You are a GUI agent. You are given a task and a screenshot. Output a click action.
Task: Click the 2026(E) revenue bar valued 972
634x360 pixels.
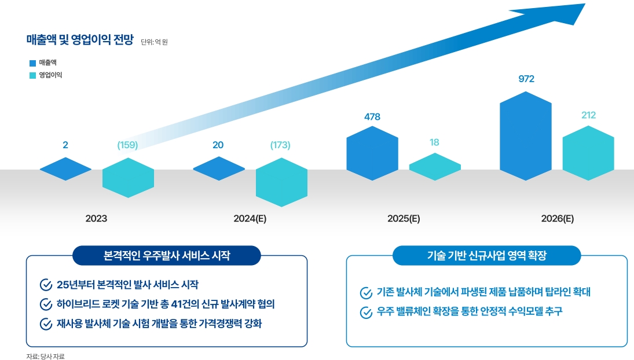point(525,135)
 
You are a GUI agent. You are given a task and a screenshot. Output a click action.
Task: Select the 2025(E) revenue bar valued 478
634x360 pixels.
point(372,153)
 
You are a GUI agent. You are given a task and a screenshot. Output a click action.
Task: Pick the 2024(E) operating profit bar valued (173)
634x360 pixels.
point(281,181)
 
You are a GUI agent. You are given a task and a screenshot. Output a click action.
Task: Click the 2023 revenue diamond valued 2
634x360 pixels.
point(65,168)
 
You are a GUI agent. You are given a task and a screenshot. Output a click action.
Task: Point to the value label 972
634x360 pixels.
point(526,79)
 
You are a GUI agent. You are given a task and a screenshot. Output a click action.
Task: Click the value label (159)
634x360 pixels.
point(127,145)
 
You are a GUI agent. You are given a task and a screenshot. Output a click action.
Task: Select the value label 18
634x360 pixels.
point(435,142)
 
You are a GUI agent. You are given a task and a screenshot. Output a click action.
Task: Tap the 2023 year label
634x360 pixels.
point(96,219)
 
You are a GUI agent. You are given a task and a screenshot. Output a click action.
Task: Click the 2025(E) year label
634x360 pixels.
point(404,219)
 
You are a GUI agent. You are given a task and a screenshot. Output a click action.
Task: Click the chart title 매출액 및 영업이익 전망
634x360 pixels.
point(80,40)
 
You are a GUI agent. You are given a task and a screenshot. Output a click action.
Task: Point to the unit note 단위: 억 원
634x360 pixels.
point(154,42)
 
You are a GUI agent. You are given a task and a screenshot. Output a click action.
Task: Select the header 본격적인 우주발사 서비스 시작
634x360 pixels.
point(166,255)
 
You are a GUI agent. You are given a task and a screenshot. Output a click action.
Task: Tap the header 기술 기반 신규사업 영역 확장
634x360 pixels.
point(486,255)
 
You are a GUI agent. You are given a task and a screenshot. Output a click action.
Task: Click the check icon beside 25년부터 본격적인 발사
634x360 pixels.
point(46,285)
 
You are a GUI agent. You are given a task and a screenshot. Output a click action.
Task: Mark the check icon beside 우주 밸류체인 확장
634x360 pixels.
point(366,313)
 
